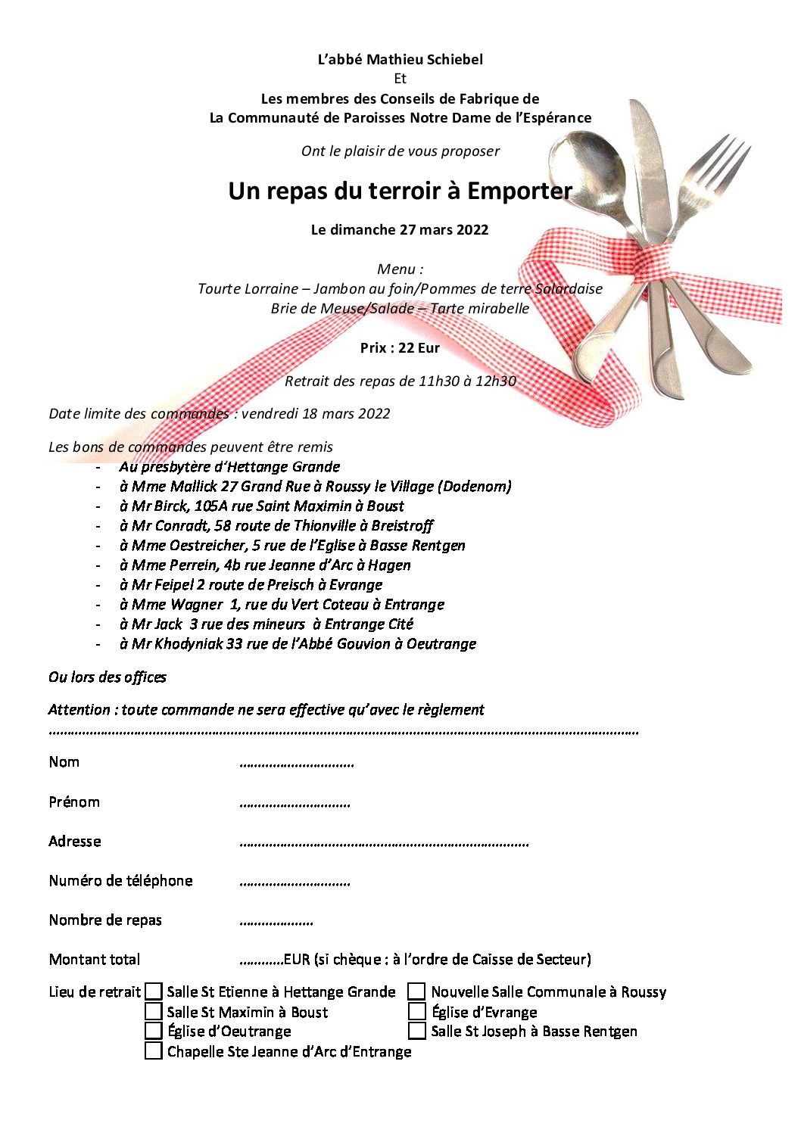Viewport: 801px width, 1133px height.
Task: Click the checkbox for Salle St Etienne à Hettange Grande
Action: click(154, 991)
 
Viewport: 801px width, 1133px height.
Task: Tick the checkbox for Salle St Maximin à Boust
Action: click(154, 1011)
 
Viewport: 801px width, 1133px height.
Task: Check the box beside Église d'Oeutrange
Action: click(154, 1031)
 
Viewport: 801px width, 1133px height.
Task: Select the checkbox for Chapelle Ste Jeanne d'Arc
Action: click(154, 1051)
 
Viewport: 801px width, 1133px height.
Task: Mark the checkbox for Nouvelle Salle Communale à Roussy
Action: click(417, 991)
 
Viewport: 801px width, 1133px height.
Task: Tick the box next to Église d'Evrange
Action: click(417, 1011)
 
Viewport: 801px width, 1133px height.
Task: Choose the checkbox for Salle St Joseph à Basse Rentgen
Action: click(417, 1031)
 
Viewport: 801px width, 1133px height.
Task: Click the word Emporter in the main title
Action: click(519, 191)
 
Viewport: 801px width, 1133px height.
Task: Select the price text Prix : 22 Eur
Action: click(400, 348)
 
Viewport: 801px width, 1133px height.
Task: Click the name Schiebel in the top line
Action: click(454, 59)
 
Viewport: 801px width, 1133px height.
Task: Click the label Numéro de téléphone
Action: click(121, 881)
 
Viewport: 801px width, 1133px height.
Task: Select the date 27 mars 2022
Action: click(444, 230)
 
